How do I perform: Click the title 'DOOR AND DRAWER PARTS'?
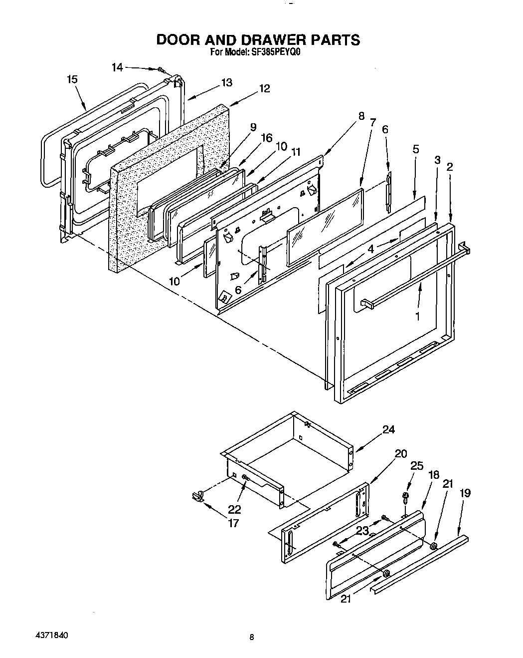pos(258,40)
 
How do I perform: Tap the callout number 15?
pos(72,79)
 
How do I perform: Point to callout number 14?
pos(117,67)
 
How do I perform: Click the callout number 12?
pos(264,88)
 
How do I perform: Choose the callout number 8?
pos(361,116)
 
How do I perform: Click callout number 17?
pos(233,523)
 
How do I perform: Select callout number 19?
pos(465,493)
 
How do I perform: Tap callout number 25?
pos(416,466)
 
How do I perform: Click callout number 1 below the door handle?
pos(418,316)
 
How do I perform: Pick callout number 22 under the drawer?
pos(234,509)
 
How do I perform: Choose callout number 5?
pos(416,149)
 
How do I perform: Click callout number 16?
pos(267,137)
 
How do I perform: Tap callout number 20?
pos(400,454)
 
